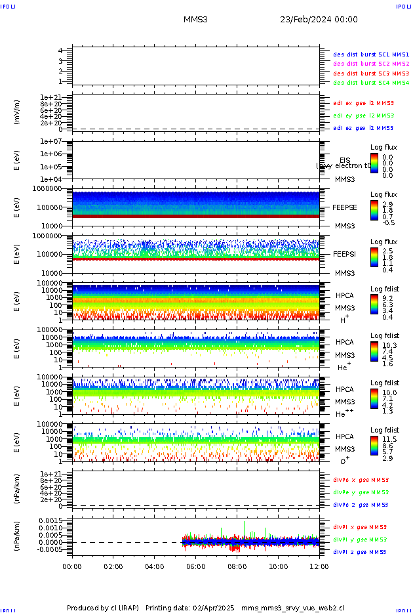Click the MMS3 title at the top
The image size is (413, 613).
pos(195,20)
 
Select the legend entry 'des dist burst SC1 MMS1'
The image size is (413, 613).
pos(371,54)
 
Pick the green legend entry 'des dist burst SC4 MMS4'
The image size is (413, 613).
pos(371,83)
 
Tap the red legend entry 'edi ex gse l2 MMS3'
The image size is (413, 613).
pos(364,102)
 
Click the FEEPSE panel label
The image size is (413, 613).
pos(344,207)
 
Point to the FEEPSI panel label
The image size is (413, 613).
pos(344,253)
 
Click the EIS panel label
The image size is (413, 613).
pos(345,160)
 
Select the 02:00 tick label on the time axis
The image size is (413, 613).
pos(113,566)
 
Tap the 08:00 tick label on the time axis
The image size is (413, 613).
pos(237,566)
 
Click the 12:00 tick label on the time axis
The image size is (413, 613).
pos(319,566)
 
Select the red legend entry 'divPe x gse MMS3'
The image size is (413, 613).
pos(361,479)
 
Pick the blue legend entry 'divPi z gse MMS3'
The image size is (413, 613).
pos(361,552)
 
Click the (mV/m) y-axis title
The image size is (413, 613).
pos(18,112)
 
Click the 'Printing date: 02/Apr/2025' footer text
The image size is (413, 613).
pos(189,608)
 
